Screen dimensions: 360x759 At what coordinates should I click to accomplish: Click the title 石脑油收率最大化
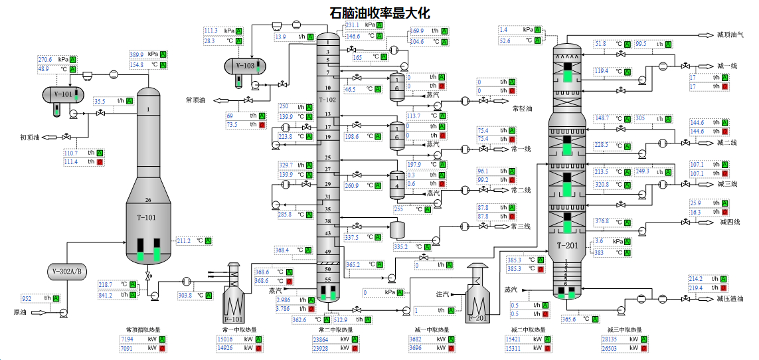click(x=380, y=12)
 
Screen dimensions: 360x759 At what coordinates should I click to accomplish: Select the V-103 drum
click(x=245, y=66)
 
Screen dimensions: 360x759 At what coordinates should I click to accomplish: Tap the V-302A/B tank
click(x=67, y=271)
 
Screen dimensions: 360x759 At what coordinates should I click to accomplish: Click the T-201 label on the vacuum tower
click(x=566, y=245)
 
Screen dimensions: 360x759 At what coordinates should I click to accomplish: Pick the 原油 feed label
click(x=21, y=312)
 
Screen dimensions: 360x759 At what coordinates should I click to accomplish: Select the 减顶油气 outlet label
click(x=730, y=33)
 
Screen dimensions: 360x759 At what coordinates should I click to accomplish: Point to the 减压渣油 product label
click(x=731, y=300)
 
